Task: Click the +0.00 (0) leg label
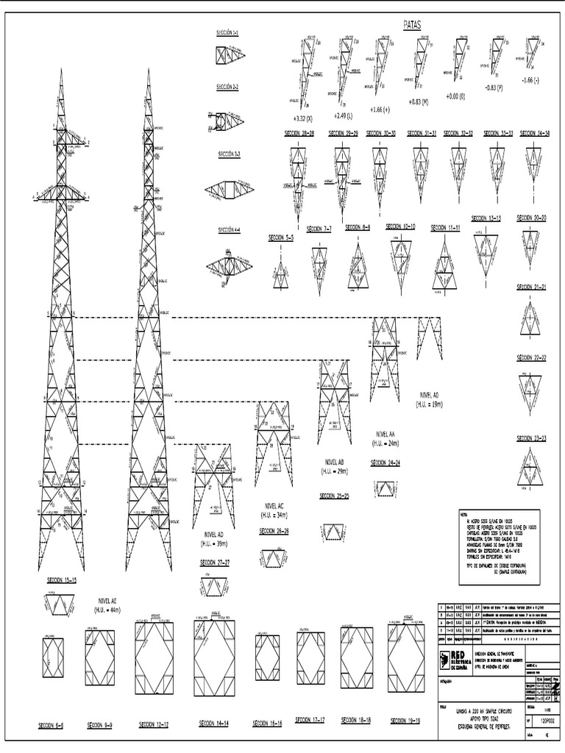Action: [x=456, y=96]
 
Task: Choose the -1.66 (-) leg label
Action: [x=530, y=79]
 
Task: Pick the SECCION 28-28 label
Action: [x=298, y=134]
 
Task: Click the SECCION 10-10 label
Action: [x=400, y=226]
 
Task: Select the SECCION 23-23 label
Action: [x=531, y=438]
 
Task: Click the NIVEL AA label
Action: [x=385, y=435]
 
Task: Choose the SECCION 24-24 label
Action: [x=385, y=464]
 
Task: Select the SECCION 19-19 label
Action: [x=410, y=721]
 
